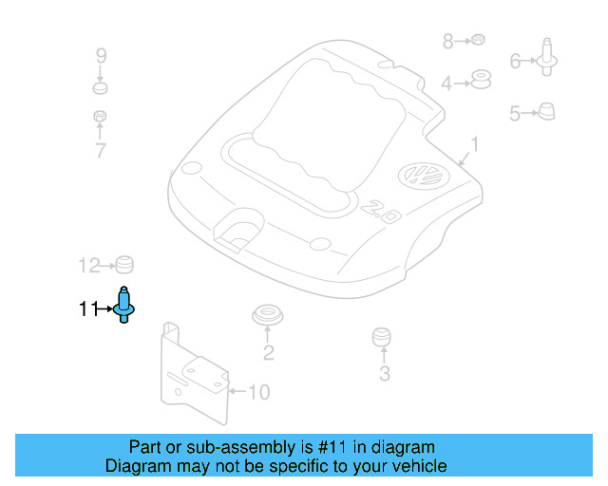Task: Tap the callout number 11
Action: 88,308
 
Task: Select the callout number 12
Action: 88,265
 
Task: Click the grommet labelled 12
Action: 123,264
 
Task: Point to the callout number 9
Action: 101,56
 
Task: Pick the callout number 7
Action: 101,150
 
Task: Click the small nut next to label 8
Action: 480,40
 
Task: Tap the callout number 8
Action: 448,41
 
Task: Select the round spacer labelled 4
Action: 481,81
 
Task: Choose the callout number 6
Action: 516,62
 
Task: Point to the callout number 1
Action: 475,146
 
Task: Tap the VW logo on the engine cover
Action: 418,177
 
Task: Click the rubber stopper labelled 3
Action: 382,338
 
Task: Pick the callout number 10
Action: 258,391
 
